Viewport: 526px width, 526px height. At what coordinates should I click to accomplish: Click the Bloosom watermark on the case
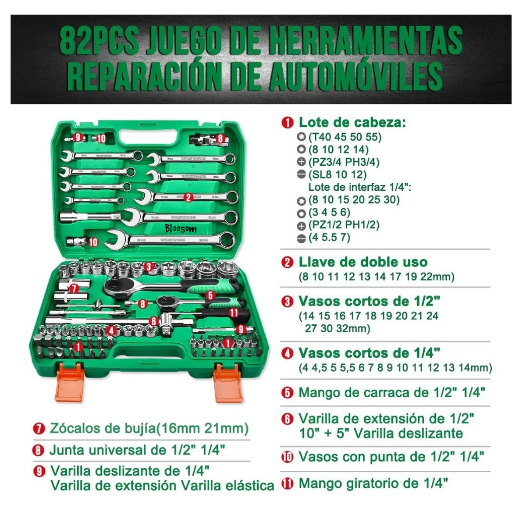[x=181, y=229]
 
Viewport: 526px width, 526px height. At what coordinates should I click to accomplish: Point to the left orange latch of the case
[x=69, y=383]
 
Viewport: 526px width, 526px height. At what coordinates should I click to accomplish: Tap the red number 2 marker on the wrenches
[x=189, y=198]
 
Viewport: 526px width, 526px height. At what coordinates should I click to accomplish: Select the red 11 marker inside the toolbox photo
[x=233, y=312]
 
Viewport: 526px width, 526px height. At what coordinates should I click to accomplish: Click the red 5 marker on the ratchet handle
[x=210, y=295]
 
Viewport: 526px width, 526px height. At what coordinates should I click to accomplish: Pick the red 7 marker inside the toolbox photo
[x=74, y=288]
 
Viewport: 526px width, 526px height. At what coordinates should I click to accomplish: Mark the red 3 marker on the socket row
[x=149, y=266]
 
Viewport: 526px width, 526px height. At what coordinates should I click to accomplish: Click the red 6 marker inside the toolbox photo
[x=153, y=321]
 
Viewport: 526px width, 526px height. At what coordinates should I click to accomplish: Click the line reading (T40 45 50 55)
[x=345, y=136]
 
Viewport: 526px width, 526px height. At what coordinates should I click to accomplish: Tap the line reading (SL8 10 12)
[x=337, y=174]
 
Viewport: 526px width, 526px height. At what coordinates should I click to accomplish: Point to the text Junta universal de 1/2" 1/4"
[x=137, y=450]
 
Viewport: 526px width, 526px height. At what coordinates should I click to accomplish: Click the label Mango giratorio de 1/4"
[x=373, y=483]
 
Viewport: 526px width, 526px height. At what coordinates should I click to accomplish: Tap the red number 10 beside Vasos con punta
[x=287, y=457]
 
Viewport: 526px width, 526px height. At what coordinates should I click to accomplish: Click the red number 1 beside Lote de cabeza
[x=288, y=122]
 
